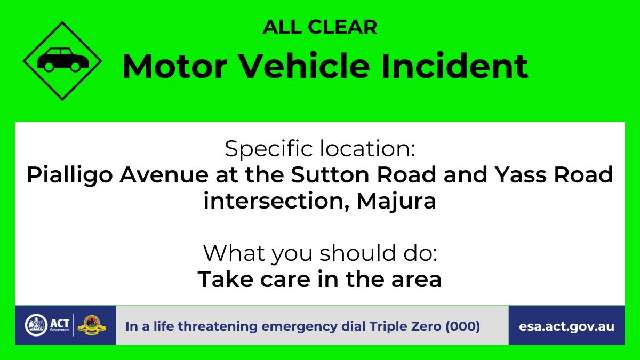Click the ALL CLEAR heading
(319, 27)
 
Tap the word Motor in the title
(175, 66)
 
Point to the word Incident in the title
(455, 66)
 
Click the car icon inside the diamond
(62, 60)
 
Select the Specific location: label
(320, 149)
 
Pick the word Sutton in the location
(330, 174)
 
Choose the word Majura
(396, 202)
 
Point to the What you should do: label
(320, 254)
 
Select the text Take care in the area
(319, 279)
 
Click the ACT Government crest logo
(36, 325)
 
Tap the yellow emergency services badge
(92, 325)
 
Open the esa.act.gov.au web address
(566, 327)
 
